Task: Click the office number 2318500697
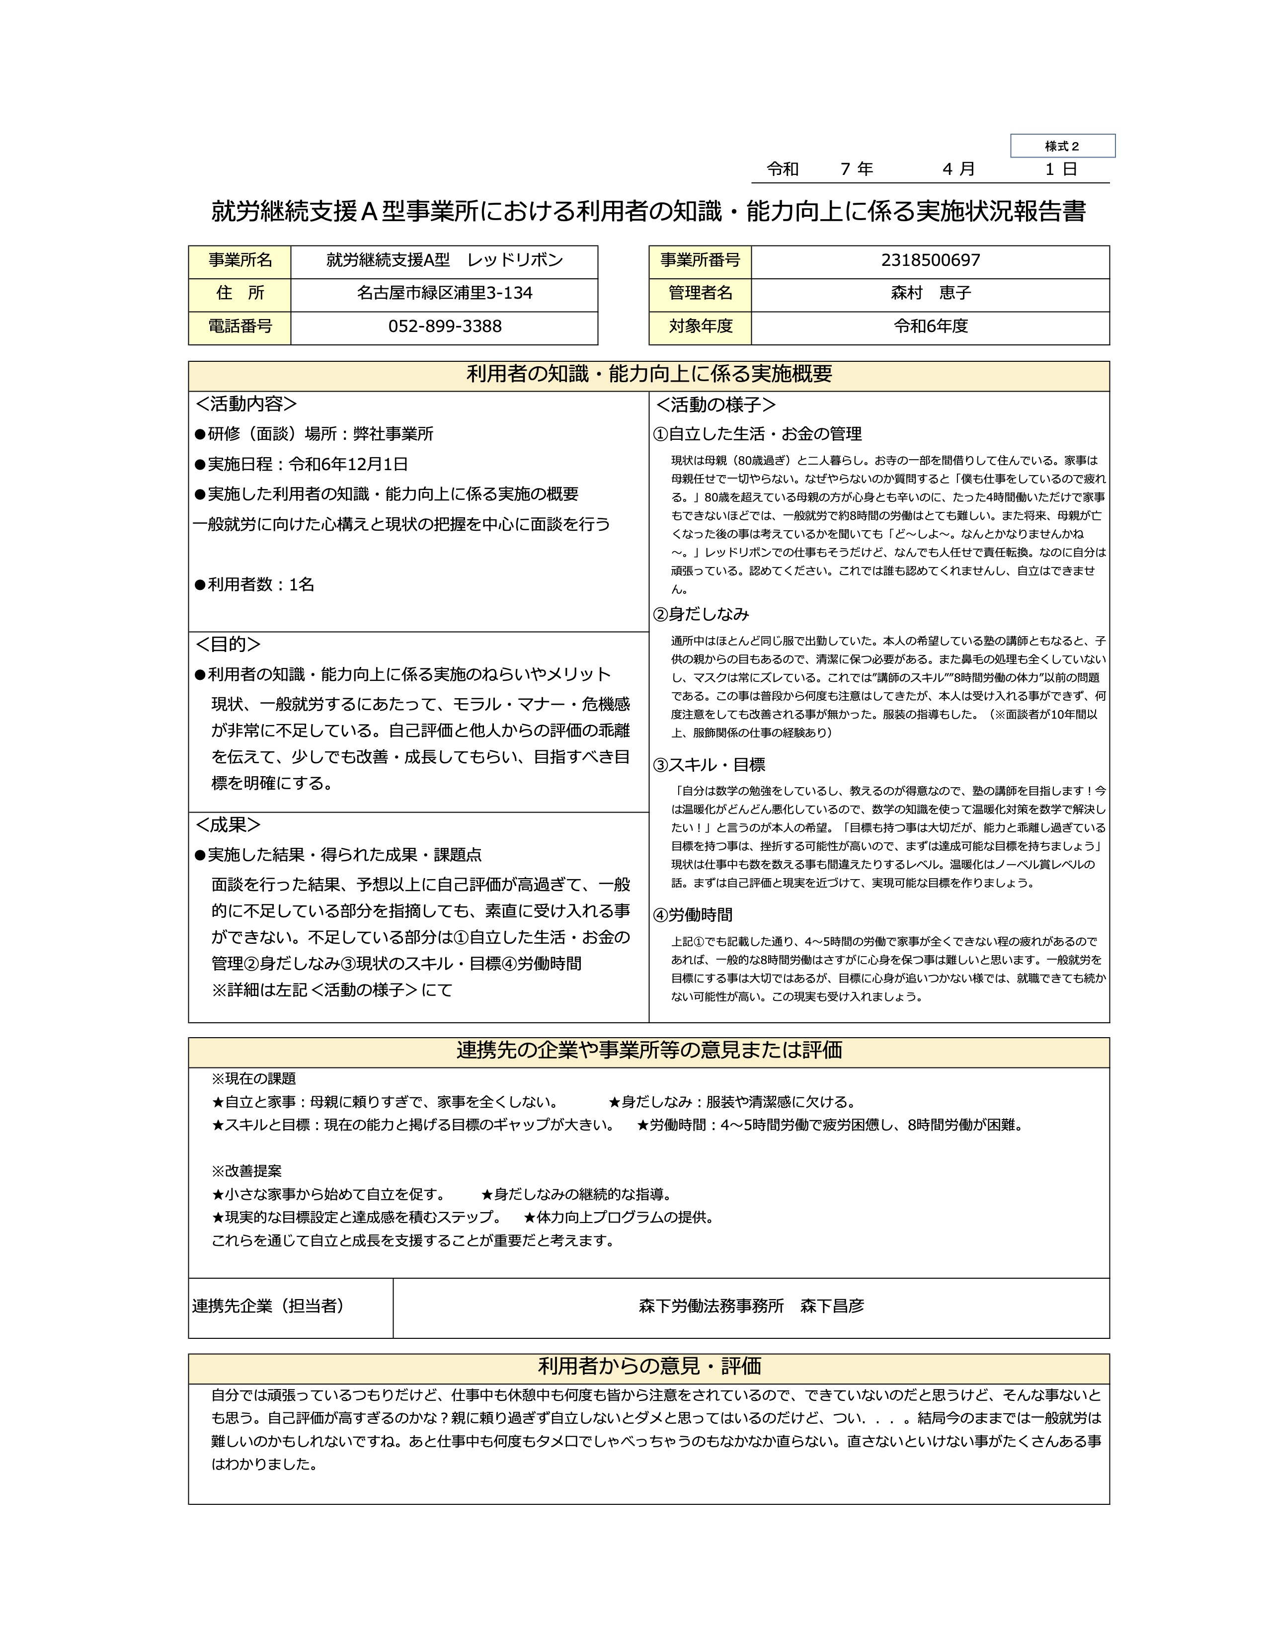pyautogui.click(x=930, y=260)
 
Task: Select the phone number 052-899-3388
pyautogui.click(x=444, y=327)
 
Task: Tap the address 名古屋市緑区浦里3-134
pyautogui.click(x=444, y=293)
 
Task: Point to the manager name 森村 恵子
pyautogui.click(x=930, y=293)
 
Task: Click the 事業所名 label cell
pyautogui.click(x=239, y=260)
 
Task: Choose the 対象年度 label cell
pyautogui.click(x=700, y=326)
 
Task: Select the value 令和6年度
pyautogui.click(x=930, y=326)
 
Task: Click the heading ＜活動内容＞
pyautogui.click(x=246, y=404)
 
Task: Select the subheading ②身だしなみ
pyautogui.click(x=701, y=614)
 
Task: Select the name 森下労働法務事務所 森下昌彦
pyautogui.click(x=751, y=1305)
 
